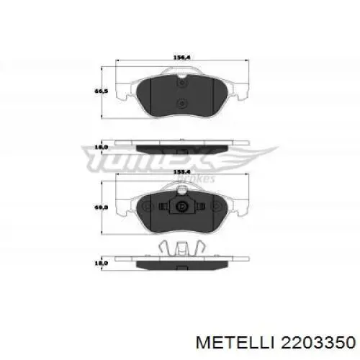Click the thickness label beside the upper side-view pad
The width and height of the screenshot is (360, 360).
click(x=102, y=147)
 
